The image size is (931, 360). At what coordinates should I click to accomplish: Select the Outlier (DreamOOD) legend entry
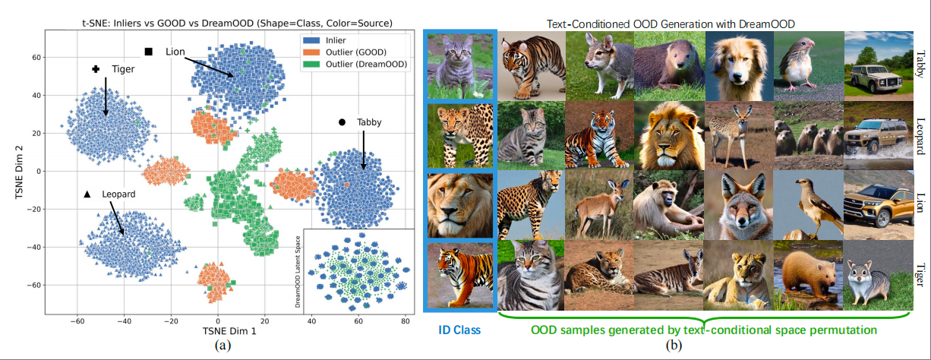coord(365,65)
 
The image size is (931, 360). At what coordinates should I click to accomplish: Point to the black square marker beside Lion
coord(149,51)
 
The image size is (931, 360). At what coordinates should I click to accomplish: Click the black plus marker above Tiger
coord(96,69)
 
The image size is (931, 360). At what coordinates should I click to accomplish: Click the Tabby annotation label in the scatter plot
coord(369,122)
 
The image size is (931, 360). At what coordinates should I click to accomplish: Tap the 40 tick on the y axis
coord(35,95)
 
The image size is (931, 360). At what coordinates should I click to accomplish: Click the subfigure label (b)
coord(674,346)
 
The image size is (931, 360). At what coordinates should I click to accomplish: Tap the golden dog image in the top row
coord(737,65)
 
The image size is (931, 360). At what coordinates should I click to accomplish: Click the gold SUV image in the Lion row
coord(876,204)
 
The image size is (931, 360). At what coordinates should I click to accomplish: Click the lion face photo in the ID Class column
coord(460,205)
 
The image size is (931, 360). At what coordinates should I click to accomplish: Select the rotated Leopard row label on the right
coord(920,136)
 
